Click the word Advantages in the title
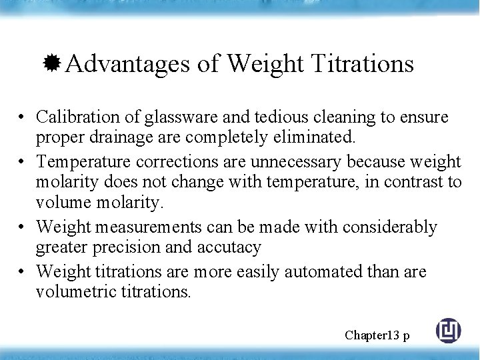128,64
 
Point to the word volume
62,201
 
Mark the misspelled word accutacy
229,247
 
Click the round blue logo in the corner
448,331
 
